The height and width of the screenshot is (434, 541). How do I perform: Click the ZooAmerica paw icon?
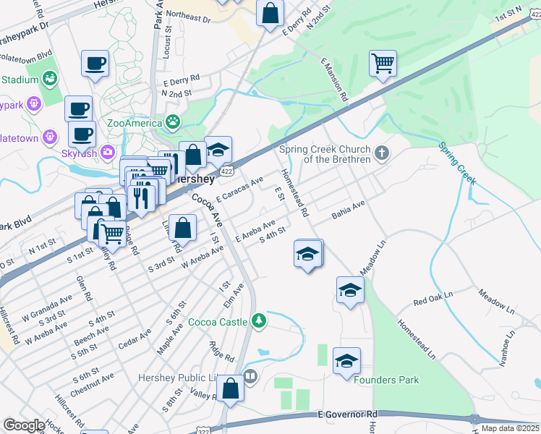[x=173, y=122]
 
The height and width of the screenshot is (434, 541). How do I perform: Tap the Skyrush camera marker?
[x=108, y=151]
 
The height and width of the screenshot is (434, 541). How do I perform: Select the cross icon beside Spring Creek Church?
[x=383, y=153]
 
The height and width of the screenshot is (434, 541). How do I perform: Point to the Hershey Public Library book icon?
[x=250, y=376]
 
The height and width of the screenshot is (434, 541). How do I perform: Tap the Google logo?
[x=24, y=425]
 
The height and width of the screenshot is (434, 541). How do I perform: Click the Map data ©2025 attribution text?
[x=510, y=428]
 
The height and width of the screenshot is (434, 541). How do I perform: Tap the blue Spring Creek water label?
[x=456, y=163]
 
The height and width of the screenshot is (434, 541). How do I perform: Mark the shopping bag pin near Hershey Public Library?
[x=230, y=388]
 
